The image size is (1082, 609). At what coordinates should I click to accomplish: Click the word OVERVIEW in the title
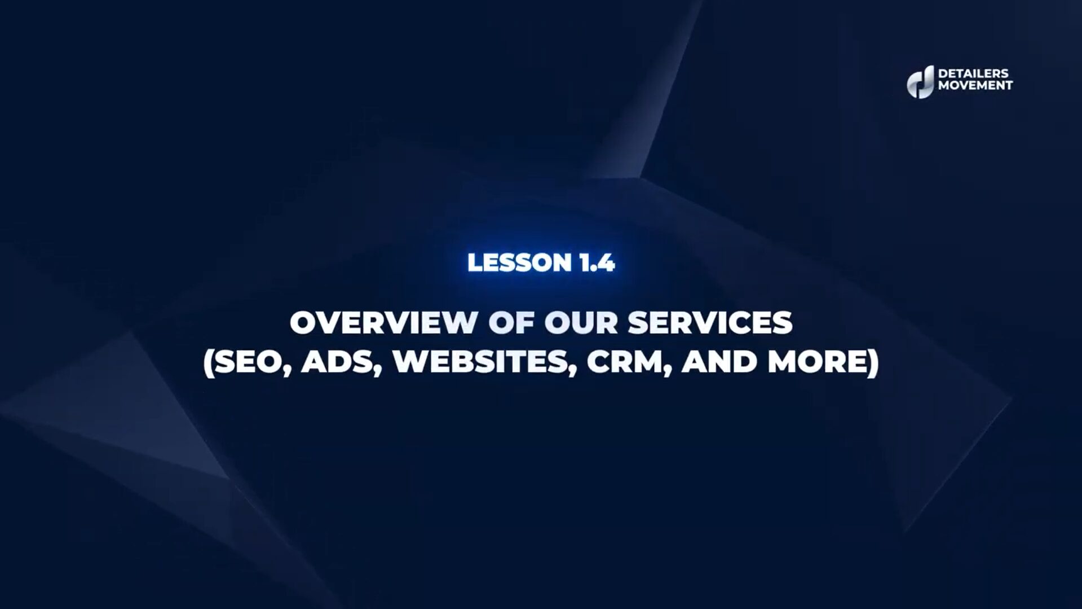click(383, 323)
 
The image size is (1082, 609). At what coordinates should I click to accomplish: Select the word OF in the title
click(511, 323)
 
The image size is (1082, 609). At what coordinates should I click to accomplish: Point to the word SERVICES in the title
click(710, 323)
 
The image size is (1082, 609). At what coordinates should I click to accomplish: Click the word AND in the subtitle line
click(719, 362)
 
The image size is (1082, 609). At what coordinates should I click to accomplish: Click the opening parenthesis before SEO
click(209, 363)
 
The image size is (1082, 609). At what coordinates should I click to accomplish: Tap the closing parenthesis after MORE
click(873, 363)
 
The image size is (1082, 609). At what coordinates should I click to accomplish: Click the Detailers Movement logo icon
click(920, 82)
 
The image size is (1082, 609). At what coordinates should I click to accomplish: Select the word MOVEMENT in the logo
click(975, 86)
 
